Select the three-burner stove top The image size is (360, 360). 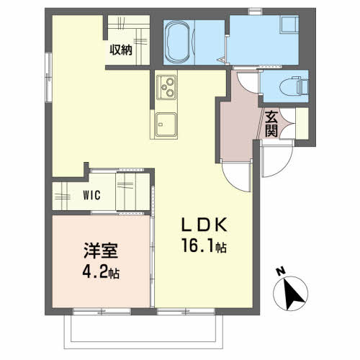click(x=166, y=87)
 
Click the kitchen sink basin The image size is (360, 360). click(x=166, y=125)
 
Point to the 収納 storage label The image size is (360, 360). click(x=121, y=50)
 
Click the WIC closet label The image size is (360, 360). click(x=91, y=195)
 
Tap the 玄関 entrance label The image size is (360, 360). click(x=271, y=124)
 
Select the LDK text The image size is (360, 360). click(x=204, y=225)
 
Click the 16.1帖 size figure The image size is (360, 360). click(x=204, y=246)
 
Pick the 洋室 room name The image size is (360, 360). click(x=101, y=251)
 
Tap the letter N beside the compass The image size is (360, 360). click(x=280, y=271)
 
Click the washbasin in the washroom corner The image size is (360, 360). click(x=289, y=24)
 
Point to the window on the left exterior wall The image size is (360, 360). click(x=49, y=77)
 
